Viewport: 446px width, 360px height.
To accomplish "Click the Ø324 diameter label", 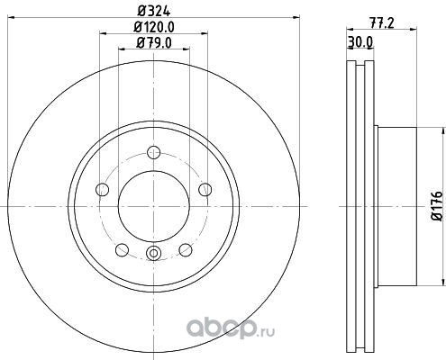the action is tap(154, 12).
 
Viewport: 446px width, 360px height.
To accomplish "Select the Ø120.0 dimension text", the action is tap(154, 28).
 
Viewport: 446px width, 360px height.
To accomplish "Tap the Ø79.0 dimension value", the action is tap(154, 43).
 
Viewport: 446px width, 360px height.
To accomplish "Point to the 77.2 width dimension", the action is tap(381, 23).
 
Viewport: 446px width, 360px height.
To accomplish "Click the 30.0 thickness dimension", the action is tap(360, 42).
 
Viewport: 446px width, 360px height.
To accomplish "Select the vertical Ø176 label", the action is tap(437, 206).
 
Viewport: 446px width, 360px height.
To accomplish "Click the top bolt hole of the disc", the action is tap(154, 152).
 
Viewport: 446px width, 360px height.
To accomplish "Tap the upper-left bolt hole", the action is tap(102, 190).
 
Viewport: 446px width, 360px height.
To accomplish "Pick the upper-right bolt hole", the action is tap(205, 190).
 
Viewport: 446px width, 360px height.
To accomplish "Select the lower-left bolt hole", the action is tap(122, 250).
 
